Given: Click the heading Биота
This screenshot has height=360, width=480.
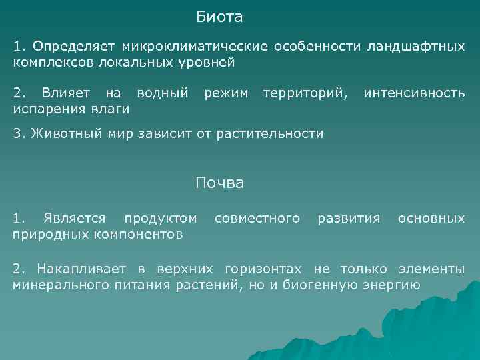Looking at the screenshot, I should pyautogui.click(x=219, y=16).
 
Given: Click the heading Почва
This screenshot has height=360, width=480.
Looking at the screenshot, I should pyautogui.click(x=219, y=183).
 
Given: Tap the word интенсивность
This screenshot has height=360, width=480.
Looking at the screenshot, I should pyautogui.click(x=414, y=91).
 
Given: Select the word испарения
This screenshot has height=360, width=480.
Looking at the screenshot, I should pyautogui.click(x=45, y=107).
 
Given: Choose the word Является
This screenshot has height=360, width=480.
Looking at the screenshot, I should pyautogui.click(x=73, y=218).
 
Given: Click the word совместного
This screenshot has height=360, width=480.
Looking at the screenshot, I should pyautogui.click(x=257, y=218).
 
